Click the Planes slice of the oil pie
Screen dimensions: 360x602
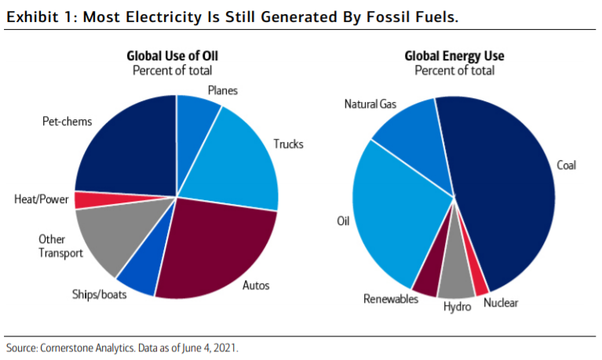195,118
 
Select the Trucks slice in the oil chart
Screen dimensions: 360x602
239,157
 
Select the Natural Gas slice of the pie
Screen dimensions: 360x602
408,137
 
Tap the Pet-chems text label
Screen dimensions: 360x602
67,122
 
